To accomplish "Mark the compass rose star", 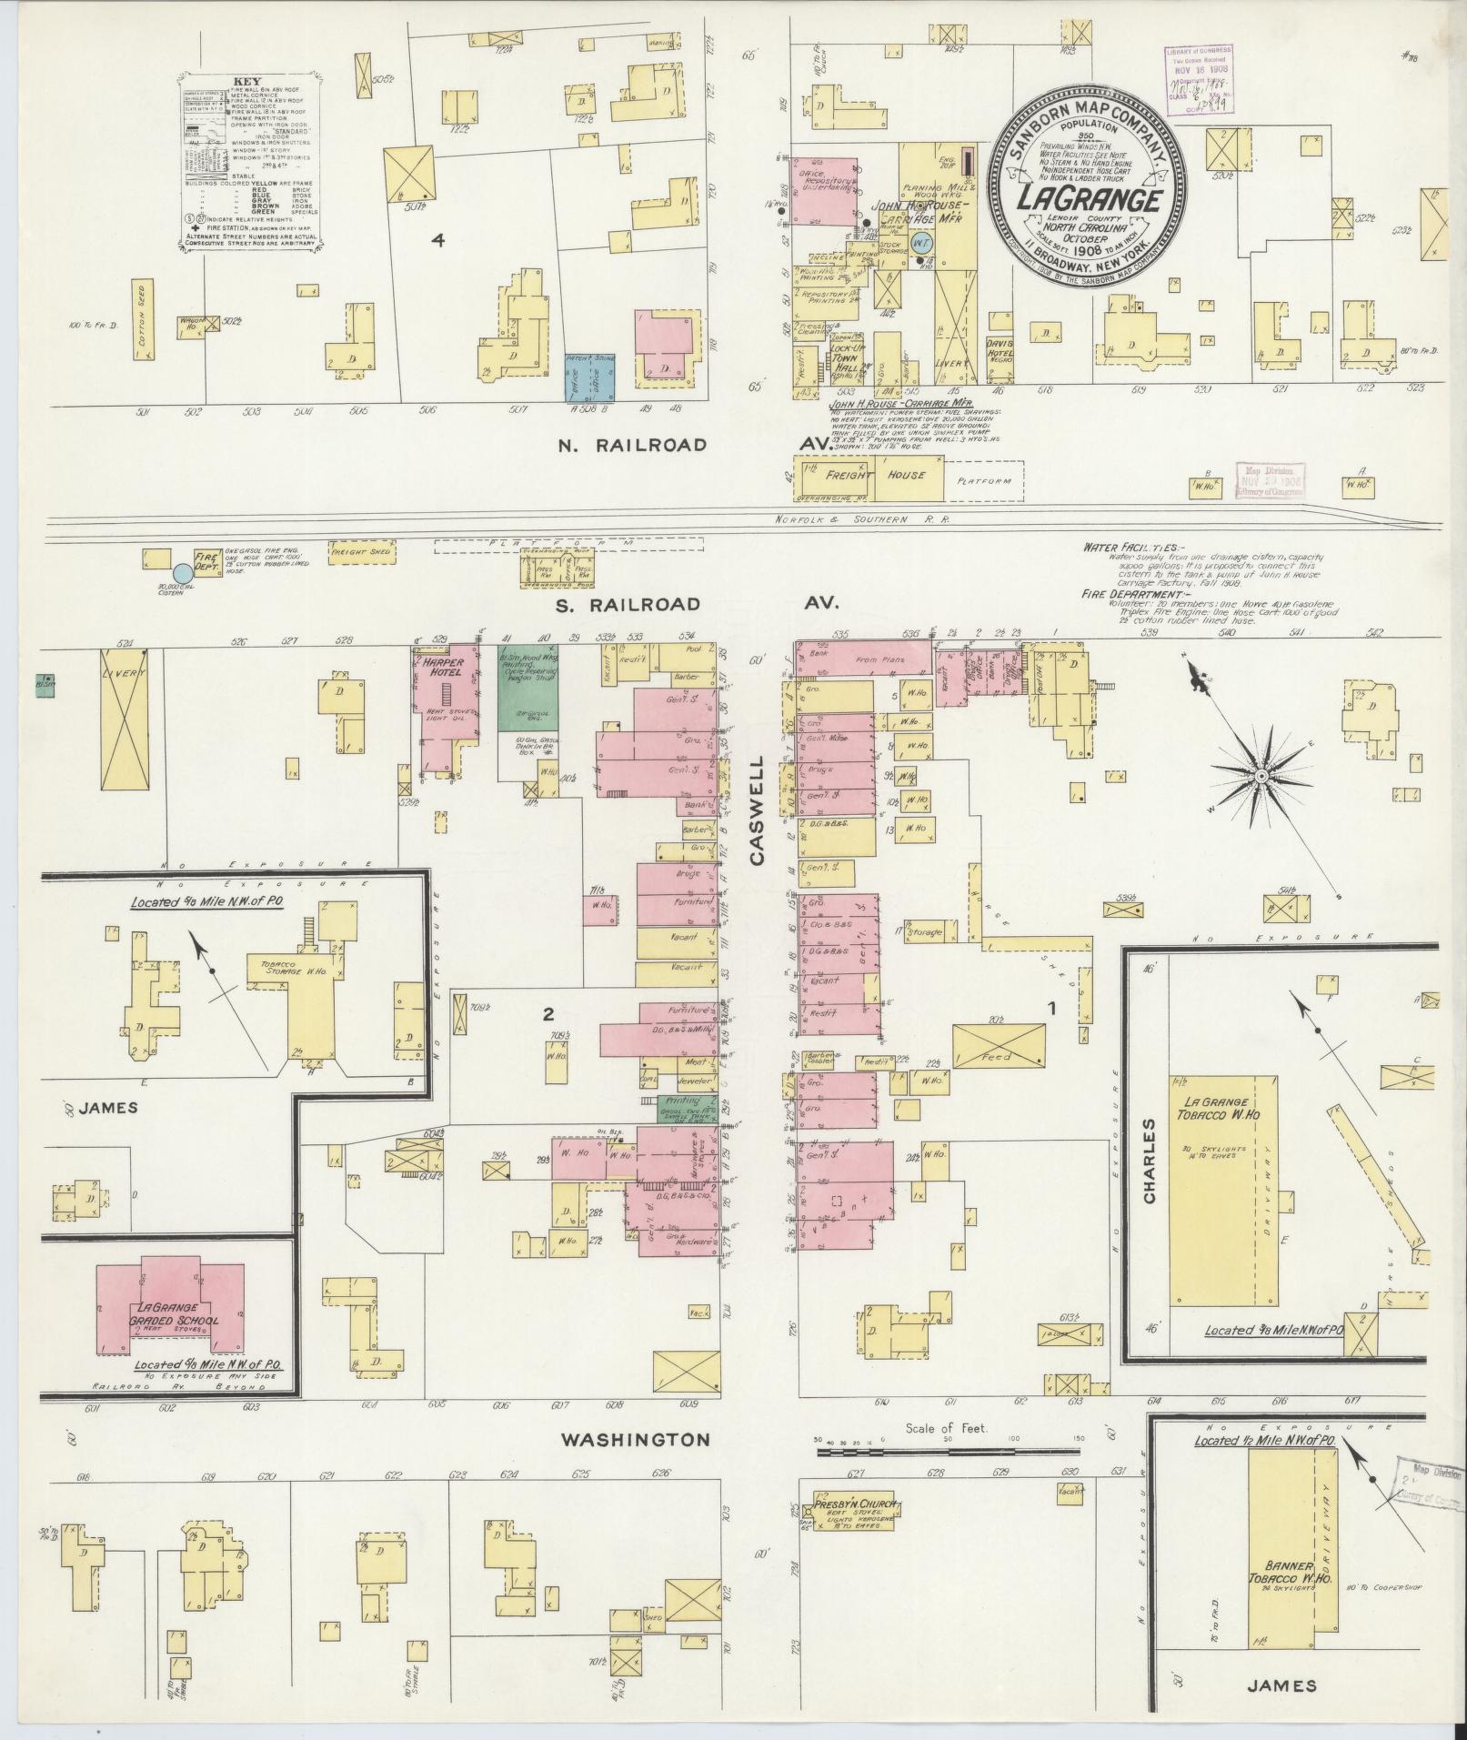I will coord(1261,776).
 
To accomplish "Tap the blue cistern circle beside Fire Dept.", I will coord(182,573).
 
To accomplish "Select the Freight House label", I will coord(875,475).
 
